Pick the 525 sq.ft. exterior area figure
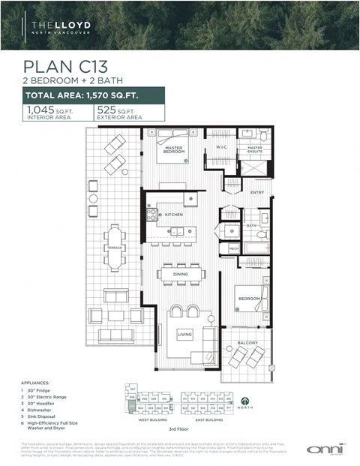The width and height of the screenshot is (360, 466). click(129, 112)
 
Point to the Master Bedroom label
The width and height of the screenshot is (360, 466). click(174, 149)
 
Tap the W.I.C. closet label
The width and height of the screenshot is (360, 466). click(222, 147)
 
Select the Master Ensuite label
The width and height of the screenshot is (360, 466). click(255, 149)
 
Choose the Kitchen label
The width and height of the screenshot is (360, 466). click(174, 215)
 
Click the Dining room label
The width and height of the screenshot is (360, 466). click(181, 275)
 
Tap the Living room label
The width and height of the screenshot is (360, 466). click(185, 334)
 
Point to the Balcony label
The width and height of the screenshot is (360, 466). click(248, 343)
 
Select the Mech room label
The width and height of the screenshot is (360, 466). click(233, 248)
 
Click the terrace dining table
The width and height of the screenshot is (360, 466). click(114, 248)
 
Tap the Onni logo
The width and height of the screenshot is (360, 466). click(318, 448)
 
